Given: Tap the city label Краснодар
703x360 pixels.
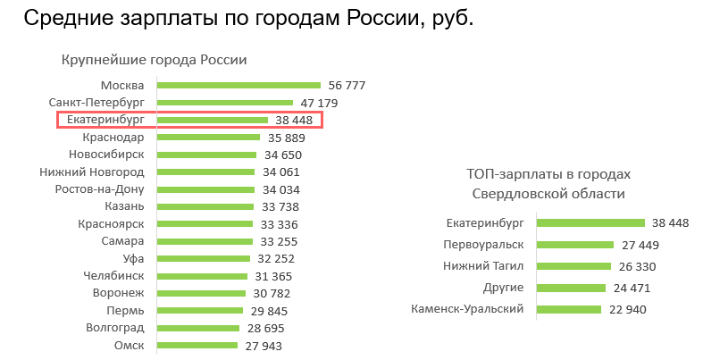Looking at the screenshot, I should tap(113, 138).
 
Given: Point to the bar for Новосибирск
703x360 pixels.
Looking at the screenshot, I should tap(206, 155).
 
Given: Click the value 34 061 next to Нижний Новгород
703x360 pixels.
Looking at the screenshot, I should tap(281, 172).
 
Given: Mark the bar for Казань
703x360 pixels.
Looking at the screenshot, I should tap(205, 206).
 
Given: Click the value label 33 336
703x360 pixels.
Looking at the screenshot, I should tap(280, 224).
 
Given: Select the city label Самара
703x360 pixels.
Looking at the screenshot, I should tap(123, 241).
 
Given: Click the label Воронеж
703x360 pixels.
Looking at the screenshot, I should tap(118, 293).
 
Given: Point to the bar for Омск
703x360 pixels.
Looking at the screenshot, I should tap(195, 345).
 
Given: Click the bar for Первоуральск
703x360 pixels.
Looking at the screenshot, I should tap(575, 244).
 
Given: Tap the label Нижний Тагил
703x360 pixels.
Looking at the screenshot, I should tap(483, 265).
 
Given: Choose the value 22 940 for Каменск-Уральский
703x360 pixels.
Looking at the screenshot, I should tap(627, 309).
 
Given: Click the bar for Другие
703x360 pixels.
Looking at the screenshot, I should tap(572, 288).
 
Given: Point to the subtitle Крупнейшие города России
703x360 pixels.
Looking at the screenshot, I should tap(154, 60).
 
